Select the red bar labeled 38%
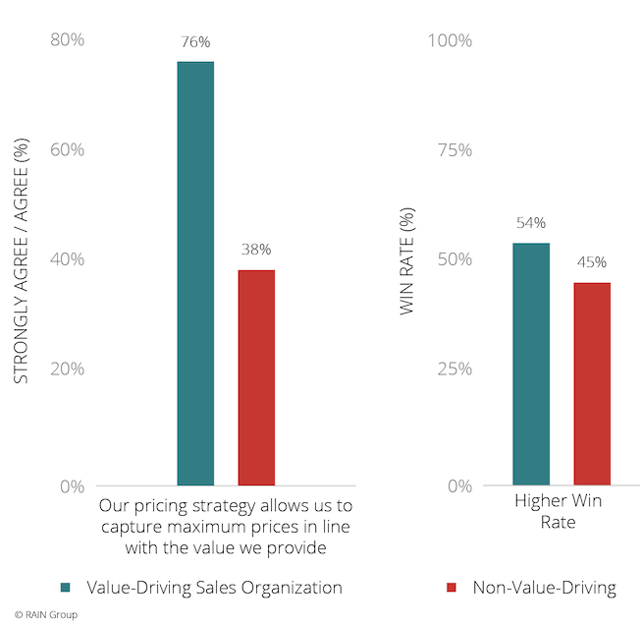coord(256,377)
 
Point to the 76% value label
coord(195,42)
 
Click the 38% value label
coord(256,250)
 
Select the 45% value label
coord(592,262)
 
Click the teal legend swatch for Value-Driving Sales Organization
coord(66,588)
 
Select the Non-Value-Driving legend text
coord(544,588)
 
